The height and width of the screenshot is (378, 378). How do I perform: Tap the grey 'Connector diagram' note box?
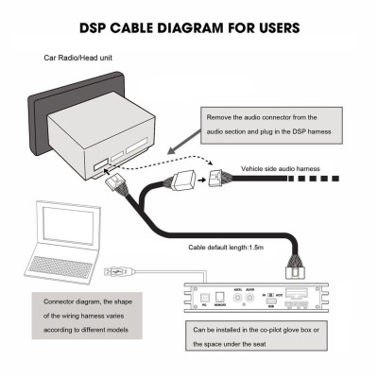point(88,311)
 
